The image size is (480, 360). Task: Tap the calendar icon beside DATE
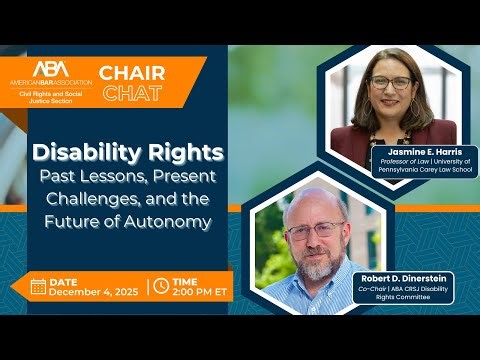(39, 286)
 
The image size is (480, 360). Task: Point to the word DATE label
(66, 279)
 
